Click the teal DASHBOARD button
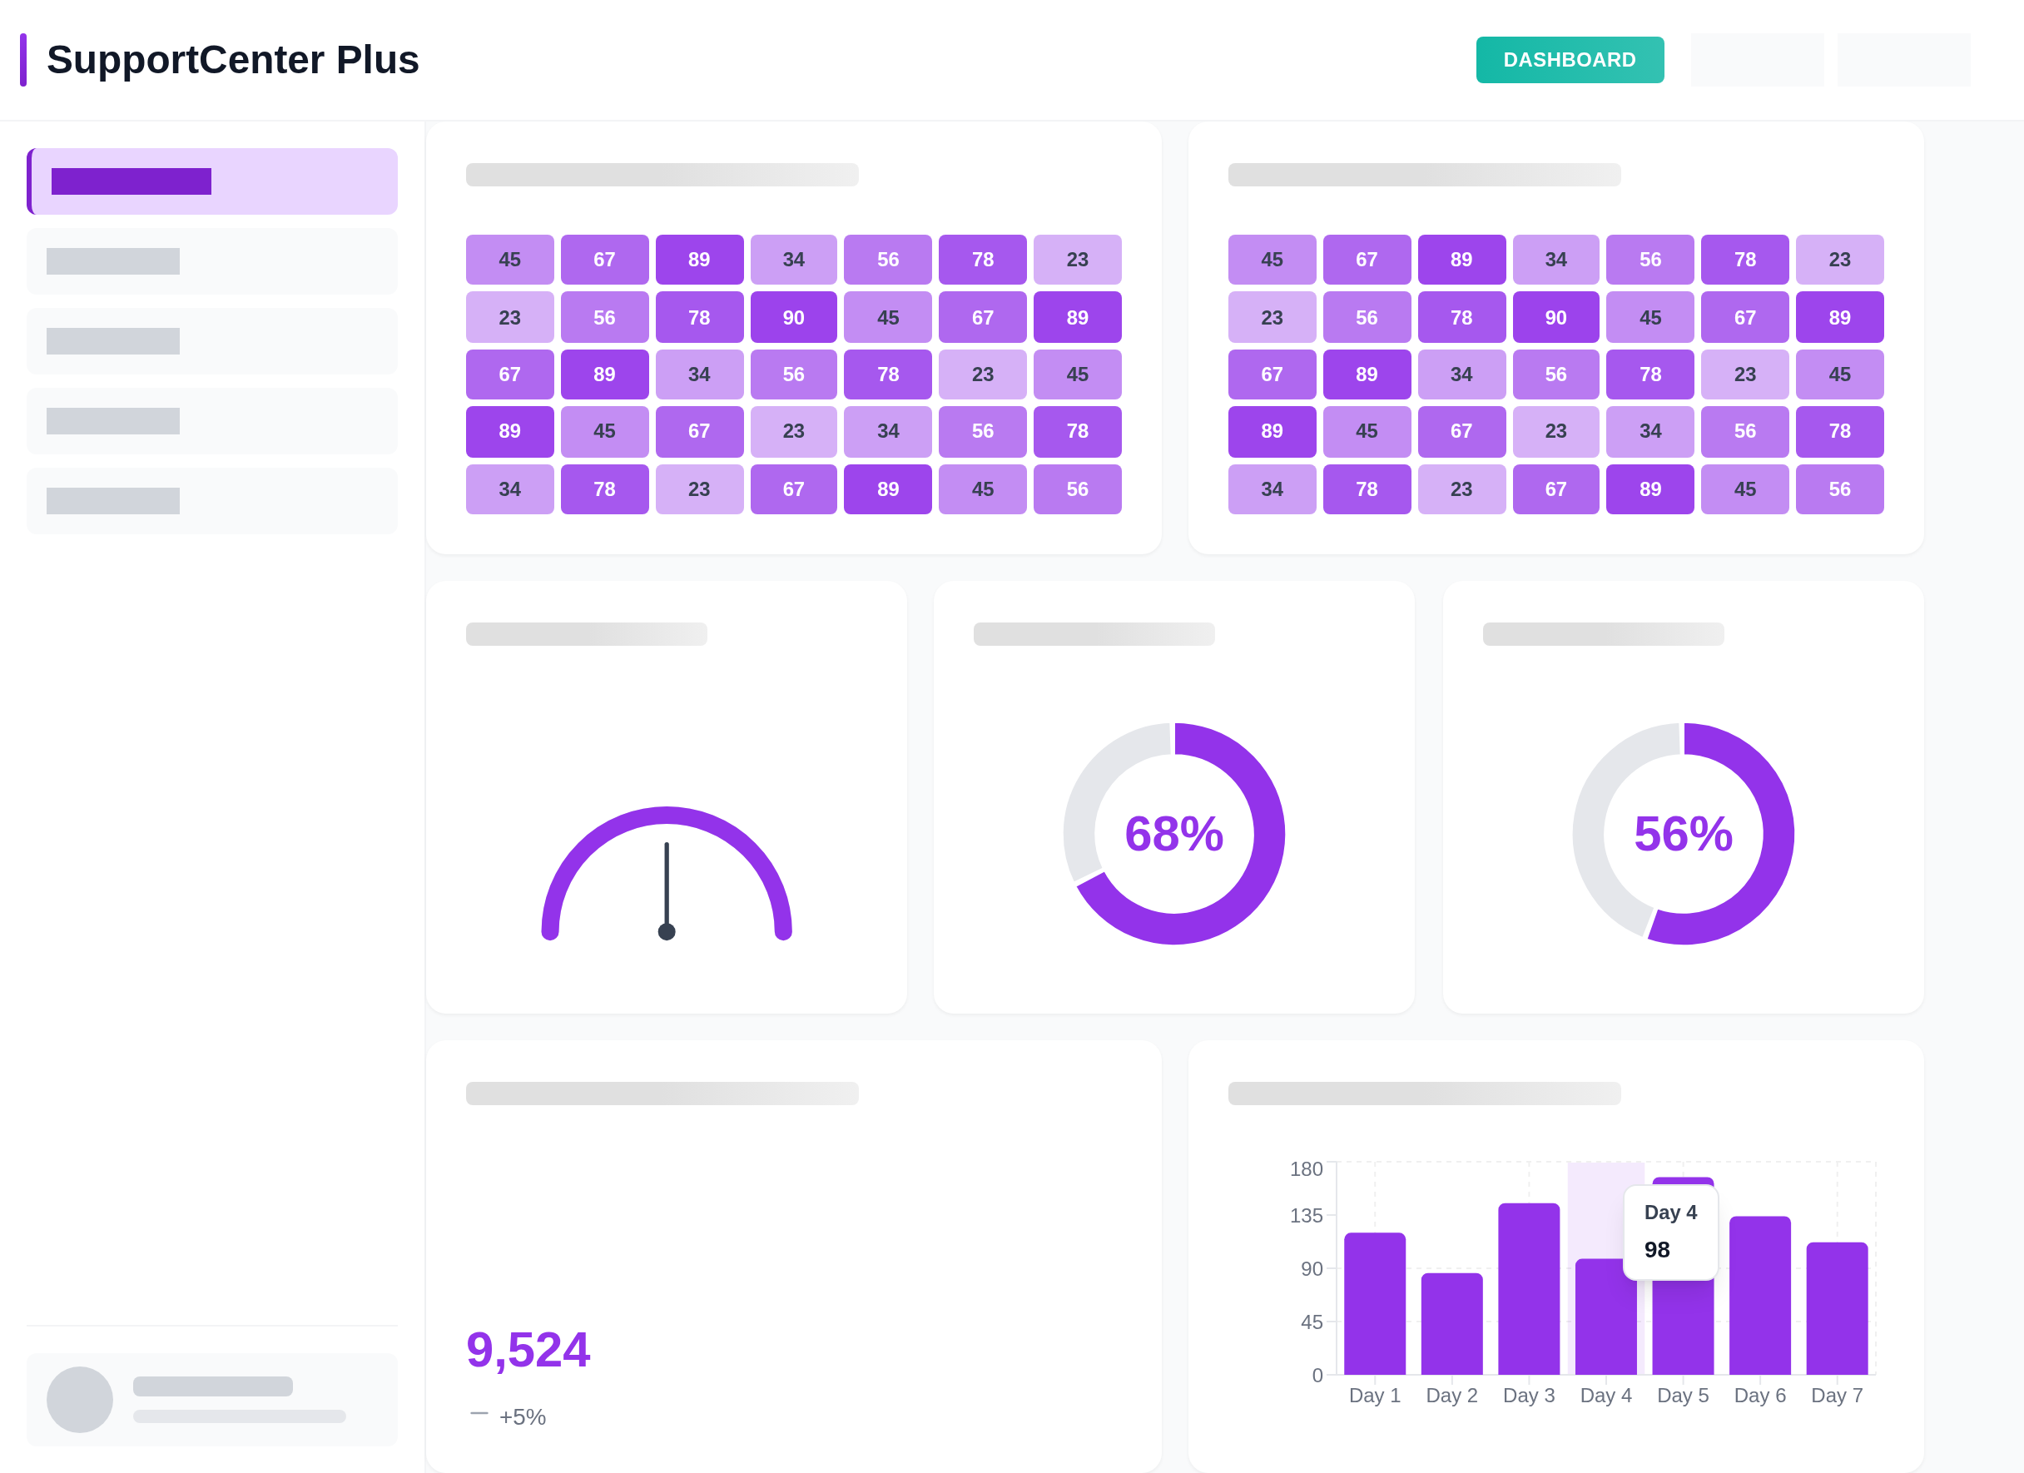click(x=1569, y=60)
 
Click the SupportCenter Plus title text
click(x=232, y=60)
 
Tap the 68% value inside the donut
click(x=1173, y=833)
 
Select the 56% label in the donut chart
click(x=1682, y=833)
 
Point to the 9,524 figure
click(x=528, y=1348)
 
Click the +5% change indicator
click(x=522, y=1416)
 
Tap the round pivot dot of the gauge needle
click(x=667, y=931)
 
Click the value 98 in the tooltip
click(x=1656, y=1249)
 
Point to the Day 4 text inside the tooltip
click(x=1669, y=1212)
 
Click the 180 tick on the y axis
click(x=1306, y=1168)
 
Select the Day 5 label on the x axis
click(x=1682, y=1396)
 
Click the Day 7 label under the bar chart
click(x=1837, y=1396)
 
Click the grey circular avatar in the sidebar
click(x=79, y=1399)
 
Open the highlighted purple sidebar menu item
click(x=212, y=181)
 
